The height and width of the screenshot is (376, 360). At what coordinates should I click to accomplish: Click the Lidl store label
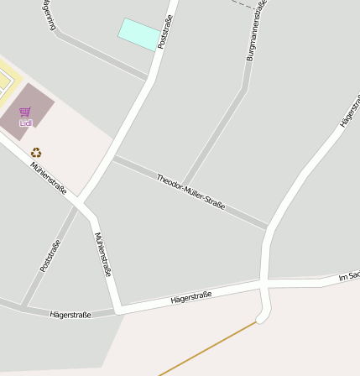pos(25,123)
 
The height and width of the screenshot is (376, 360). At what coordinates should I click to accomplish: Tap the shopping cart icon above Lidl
pos(25,112)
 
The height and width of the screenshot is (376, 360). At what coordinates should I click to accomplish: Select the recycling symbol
pos(36,152)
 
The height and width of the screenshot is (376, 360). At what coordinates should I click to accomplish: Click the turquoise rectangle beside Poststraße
pos(139,34)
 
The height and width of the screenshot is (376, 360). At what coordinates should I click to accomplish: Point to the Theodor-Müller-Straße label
pos(190,191)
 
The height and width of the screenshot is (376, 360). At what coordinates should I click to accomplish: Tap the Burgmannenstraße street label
pos(256,32)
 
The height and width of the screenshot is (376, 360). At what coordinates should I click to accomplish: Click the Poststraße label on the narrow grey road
pos(50,256)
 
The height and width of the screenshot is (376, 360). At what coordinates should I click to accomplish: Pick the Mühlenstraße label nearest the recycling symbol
pos(49,178)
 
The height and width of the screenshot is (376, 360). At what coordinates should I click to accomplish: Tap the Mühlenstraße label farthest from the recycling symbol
pos(103,254)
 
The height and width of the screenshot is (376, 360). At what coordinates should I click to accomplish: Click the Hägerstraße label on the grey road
pos(70,315)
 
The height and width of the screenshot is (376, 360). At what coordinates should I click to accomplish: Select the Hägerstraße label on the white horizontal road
pos(190,297)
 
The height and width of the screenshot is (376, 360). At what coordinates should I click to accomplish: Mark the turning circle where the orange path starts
pos(263,315)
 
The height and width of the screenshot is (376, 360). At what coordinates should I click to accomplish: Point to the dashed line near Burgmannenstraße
pos(244,4)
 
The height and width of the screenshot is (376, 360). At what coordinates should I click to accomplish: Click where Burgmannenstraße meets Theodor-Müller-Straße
pos(185,186)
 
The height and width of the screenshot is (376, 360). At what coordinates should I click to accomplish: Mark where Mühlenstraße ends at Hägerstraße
pos(118,310)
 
